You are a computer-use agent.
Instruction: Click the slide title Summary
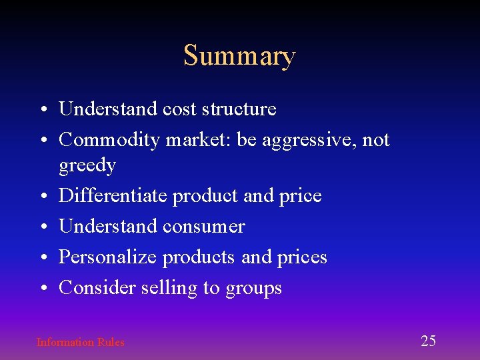point(239,56)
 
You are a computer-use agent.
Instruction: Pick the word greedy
point(87,165)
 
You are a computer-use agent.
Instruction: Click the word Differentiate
point(113,196)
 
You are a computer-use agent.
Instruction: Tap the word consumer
point(204,227)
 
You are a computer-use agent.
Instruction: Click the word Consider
point(97,288)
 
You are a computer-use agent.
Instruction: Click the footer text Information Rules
point(80,343)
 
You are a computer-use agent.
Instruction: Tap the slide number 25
point(428,341)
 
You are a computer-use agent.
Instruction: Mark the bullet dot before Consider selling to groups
point(42,289)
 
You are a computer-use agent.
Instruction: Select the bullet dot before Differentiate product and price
point(42,197)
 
